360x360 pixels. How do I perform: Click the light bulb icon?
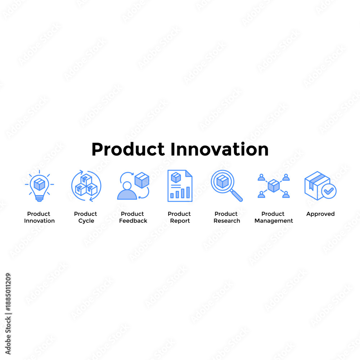tap(39, 186)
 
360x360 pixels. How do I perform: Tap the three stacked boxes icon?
tap(86, 185)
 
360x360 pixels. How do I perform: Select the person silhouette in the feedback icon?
tap(127, 191)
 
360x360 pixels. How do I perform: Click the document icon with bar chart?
tap(180, 186)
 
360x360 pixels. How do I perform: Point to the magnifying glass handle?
tap(236, 195)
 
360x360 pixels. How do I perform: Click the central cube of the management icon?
tap(274, 185)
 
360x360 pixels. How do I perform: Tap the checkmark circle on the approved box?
tap(329, 191)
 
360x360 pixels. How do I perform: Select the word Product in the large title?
tap(128, 149)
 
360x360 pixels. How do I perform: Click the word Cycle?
tap(86, 221)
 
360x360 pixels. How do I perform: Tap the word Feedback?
tap(133, 221)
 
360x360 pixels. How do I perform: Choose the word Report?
tap(180, 221)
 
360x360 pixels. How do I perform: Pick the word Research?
tap(226, 221)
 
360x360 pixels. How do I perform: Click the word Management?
tap(274, 221)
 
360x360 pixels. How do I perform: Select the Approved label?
tap(320, 214)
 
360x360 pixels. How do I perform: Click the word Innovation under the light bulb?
tap(39, 221)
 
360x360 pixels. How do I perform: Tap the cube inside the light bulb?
tap(39, 184)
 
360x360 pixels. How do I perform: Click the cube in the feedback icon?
tap(141, 180)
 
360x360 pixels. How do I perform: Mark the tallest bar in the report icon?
tap(188, 192)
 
